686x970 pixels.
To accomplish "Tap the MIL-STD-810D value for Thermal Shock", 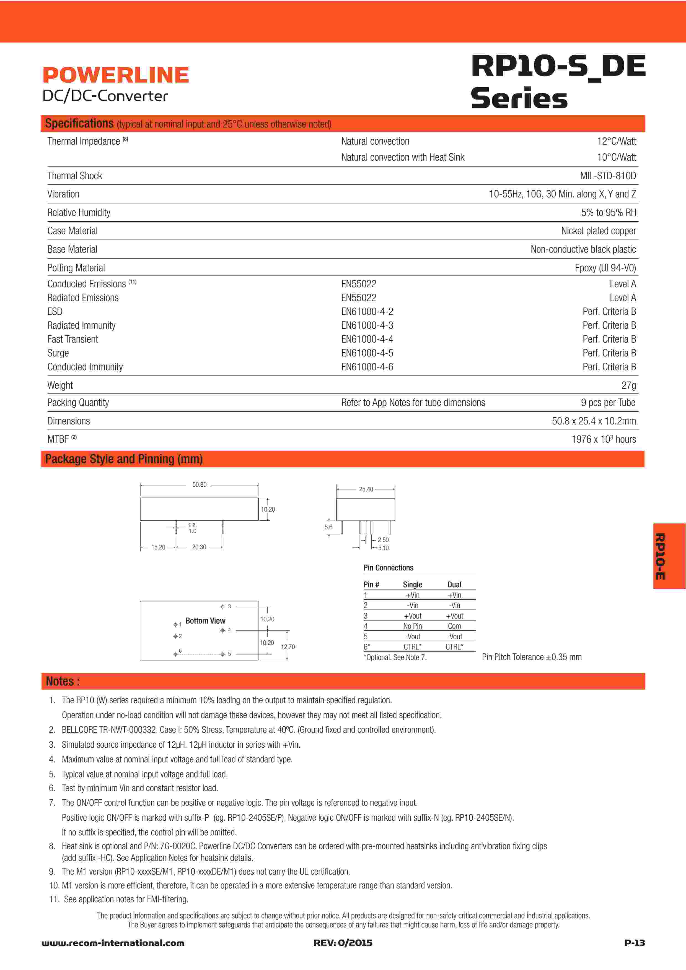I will coord(607,176).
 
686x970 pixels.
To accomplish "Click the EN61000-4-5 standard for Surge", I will coord(367,353).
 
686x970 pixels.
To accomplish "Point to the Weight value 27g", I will coord(628,385).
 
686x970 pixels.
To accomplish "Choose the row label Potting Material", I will coord(76,268).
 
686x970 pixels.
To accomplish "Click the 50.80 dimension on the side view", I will coord(199,484).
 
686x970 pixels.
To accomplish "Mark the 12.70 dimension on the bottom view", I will coord(288,646).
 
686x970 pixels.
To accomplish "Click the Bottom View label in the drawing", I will coord(205,620).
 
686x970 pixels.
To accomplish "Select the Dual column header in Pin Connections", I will coord(454,585).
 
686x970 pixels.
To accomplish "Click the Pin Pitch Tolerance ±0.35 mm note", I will coord(531,657).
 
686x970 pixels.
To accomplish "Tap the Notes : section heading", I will coord(63,681).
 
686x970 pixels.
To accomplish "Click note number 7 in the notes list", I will coord(52,803).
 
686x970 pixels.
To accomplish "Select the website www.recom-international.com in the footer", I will coord(113,943).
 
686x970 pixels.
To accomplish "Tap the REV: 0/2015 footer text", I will coord(343,943).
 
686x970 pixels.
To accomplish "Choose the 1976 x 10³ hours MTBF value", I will coord(603,439).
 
